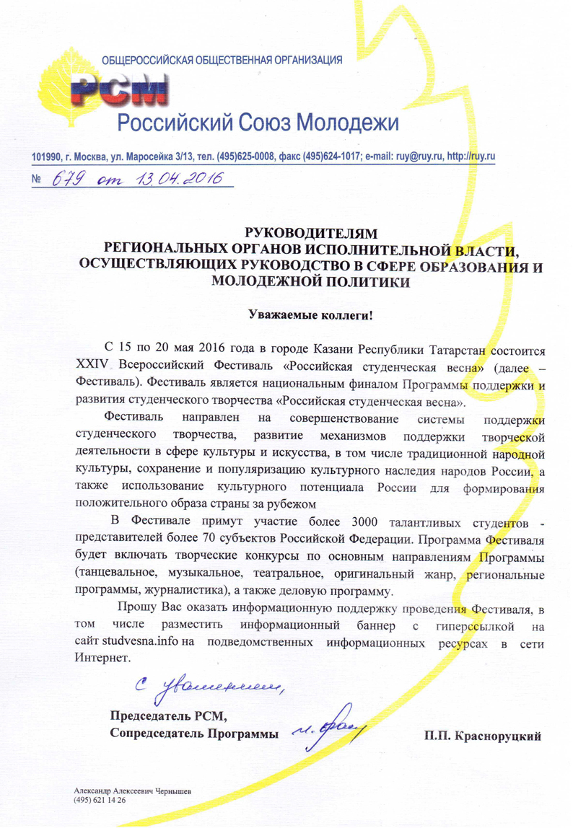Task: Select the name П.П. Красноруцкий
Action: [x=484, y=736]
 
